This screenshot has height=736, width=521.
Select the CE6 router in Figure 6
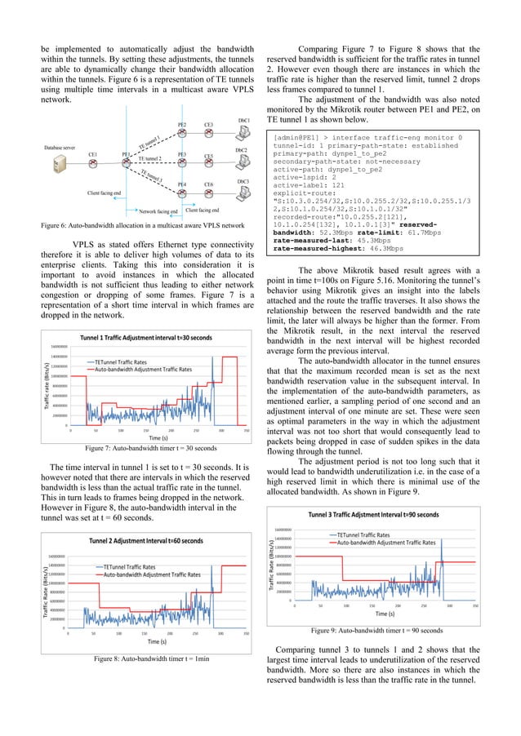(209, 195)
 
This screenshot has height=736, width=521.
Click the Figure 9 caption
(376, 630)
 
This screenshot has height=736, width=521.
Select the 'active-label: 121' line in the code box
(315, 184)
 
